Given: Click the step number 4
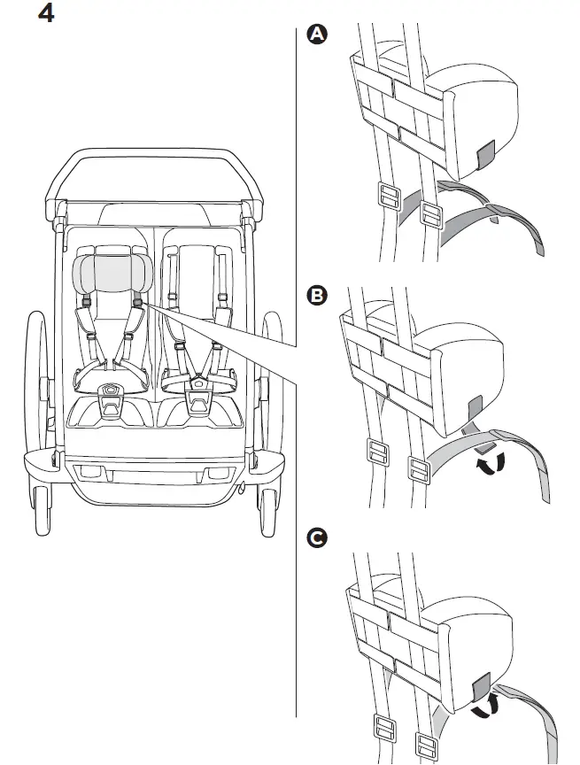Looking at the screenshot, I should pyautogui.click(x=45, y=15).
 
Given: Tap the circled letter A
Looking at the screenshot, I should pyautogui.click(x=315, y=35).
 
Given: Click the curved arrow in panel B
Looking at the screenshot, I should pyautogui.click(x=489, y=463).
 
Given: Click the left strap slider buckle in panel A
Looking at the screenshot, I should pyautogui.click(x=387, y=196).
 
